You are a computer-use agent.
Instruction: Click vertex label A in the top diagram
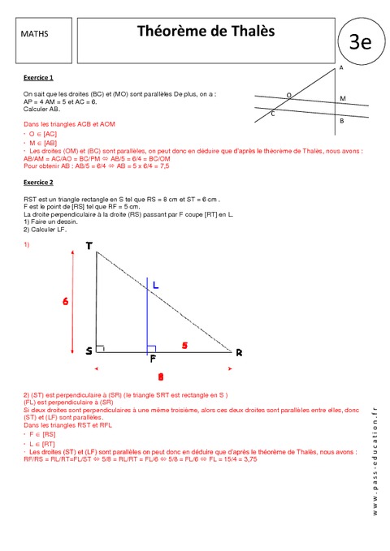pos(340,69)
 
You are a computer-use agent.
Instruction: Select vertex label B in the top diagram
pos(342,121)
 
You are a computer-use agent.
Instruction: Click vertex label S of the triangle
pos(89,351)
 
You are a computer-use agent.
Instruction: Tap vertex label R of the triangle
pos(239,352)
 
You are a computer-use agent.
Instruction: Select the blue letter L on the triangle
pos(155,285)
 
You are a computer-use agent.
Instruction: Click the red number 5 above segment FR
pos(184,346)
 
